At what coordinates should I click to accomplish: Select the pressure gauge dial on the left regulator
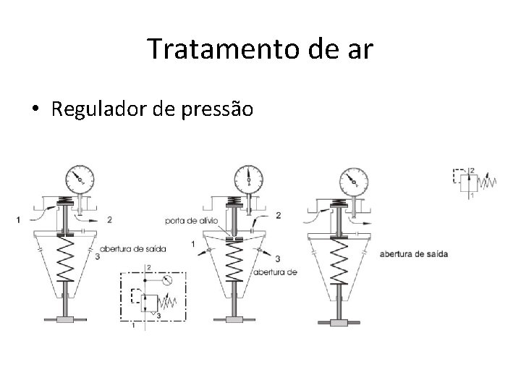click(79, 177)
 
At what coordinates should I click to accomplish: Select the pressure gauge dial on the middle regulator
click(249, 177)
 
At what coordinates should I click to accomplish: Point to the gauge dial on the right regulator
click(352, 180)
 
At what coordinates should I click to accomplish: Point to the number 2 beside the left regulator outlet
click(109, 219)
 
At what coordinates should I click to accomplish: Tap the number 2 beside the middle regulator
click(278, 215)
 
